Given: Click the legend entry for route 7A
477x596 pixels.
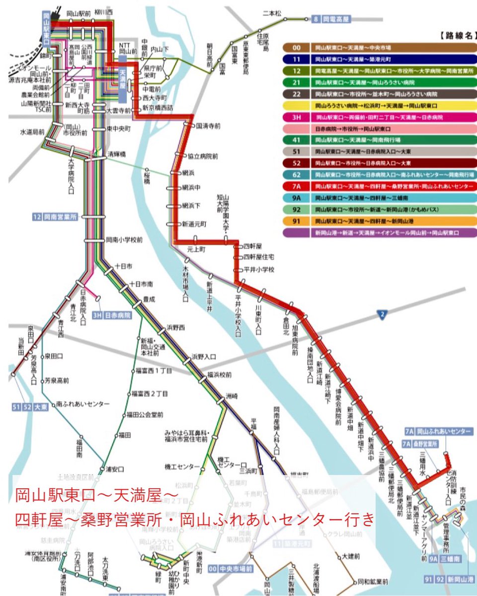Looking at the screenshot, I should tap(378, 186).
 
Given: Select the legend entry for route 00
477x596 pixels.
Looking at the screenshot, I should tap(378, 48).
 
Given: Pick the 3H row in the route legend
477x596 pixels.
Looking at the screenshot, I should tap(378, 117).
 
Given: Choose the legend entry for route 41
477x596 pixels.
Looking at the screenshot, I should tap(378, 140).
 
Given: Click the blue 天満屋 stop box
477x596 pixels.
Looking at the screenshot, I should tap(123, 79).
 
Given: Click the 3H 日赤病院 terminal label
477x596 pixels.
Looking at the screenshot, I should tap(112, 315).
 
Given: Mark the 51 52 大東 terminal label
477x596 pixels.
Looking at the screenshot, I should tap(30, 407).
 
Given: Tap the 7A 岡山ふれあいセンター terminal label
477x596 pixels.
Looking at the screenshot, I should tap(437, 431).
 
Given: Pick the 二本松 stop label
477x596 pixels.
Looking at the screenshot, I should tap(272, 13).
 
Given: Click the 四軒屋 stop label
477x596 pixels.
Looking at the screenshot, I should tap(253, 246).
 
